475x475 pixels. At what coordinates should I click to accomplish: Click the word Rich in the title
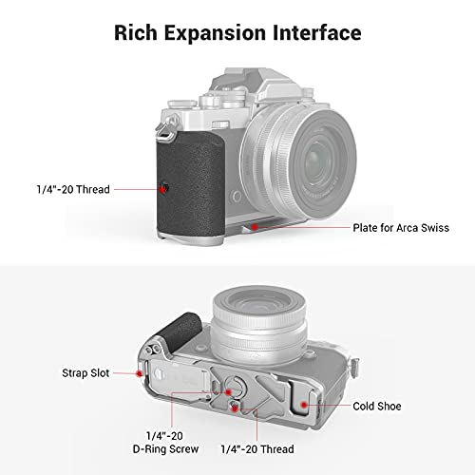(x=136, y=32)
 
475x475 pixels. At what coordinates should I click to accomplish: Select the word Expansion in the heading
(x=215, y=33)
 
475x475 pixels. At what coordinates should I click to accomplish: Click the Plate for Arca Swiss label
(x=401, y=228)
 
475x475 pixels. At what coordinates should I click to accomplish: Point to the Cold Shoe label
(x=377, y=406)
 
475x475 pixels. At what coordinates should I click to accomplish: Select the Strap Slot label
(x=85, y=373)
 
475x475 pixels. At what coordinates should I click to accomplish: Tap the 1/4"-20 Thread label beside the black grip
(x=73, y=189)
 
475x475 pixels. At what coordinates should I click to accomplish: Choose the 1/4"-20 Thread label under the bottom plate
(x=257, y=449)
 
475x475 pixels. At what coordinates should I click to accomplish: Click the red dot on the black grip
(x=162, y=189)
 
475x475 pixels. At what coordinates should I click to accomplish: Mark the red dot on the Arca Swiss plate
(x=254, y=227)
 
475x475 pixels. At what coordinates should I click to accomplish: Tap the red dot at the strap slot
(x=139, y=373)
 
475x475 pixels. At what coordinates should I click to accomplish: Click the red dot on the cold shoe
(x=304, y=405)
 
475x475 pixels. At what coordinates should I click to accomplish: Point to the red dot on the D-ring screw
(x=228, y=392)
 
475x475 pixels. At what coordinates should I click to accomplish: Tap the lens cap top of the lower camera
(x=259, y=303)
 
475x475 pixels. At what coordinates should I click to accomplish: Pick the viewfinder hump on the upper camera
(x=254, y=83)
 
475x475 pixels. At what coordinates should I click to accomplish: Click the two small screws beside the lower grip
(x=152, y=349)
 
